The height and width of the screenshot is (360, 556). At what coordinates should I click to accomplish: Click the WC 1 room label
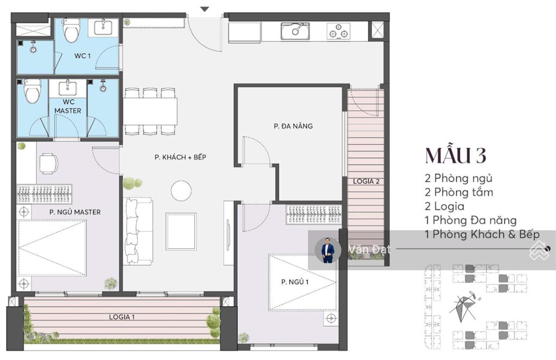[x=83, y=56]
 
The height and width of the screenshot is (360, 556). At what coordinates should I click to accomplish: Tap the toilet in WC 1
[x=71, y=30]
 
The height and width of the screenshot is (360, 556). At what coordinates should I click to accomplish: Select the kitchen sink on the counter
[x=295, y=31]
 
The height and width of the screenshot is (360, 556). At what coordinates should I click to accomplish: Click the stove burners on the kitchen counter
[x=338, y=31]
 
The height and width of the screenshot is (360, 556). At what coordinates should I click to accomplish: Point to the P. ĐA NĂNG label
[x=293, y=126]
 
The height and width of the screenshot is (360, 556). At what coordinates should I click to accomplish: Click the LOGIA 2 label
[x=367, y=181]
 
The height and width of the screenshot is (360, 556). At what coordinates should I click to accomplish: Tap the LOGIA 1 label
[x=122, y=317]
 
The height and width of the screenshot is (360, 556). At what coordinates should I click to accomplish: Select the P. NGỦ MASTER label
[x=75, y=212]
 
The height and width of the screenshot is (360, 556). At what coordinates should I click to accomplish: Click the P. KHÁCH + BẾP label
[x=180, y=157]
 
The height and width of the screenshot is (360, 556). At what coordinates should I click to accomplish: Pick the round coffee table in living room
[x=181, y=191]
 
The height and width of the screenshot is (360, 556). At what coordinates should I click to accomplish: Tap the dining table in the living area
[x=150, y=111]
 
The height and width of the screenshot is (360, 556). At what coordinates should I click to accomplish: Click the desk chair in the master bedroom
[x=48, y=163]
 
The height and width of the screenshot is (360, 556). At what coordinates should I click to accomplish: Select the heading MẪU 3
[x=456, y=155]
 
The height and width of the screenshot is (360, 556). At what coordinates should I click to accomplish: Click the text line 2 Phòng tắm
[x=459, y=192]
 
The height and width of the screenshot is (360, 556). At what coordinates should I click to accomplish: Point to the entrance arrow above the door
[x=205, y=10]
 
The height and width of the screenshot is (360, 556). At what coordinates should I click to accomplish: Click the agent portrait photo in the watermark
[x=327, y=250]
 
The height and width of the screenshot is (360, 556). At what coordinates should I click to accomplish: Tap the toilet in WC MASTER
[x=33, y=91]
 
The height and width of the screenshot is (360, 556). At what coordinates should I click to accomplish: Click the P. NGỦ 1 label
[x=295, y=282]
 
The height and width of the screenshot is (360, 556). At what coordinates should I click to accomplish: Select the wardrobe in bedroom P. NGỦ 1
[x=314, y=214]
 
